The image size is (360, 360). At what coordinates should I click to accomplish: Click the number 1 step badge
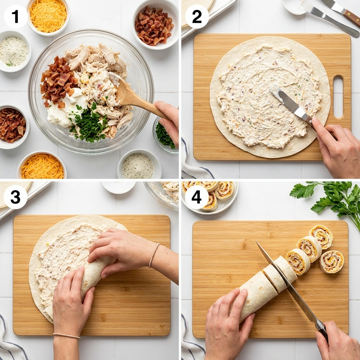coord(16,16)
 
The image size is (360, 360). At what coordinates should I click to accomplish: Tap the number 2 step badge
coord(197,16)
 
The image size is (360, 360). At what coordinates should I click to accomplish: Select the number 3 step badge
coord(15,197)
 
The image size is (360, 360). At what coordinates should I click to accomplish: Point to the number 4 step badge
coord(197,197)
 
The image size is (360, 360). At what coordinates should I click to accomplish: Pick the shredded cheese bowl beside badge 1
coord(48,16)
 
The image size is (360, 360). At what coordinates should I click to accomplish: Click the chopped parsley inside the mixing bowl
coord(88,124)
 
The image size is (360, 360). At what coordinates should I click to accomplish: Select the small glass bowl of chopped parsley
coord(165,135)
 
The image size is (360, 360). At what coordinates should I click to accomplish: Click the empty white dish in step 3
coord(118,187)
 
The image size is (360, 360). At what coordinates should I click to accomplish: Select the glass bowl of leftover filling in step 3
coord(162,195)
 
